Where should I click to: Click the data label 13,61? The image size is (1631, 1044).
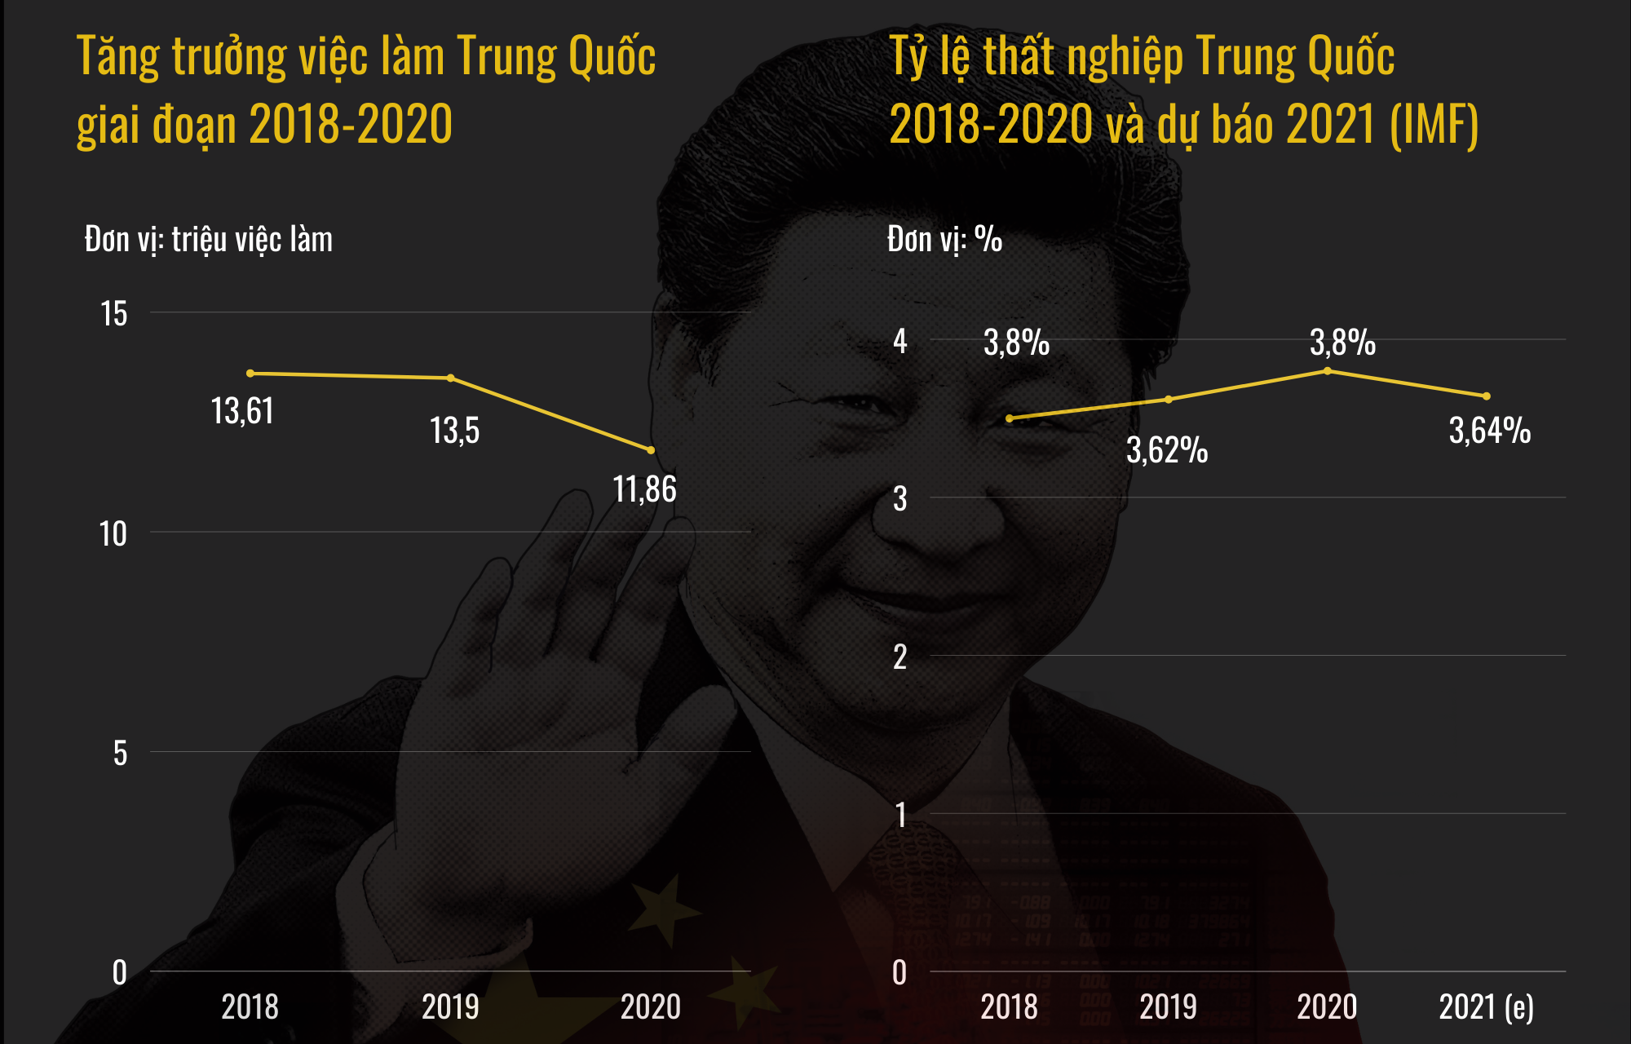pyautogui.click(x=242, y=411)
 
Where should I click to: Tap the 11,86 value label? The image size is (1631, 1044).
pyautogui.click(x=644, y=489)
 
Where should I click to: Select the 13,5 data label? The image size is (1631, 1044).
pyautogui.click(x=454, y=431)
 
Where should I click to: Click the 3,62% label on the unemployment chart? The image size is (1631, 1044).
pyautogui.click(x=1166, y=450)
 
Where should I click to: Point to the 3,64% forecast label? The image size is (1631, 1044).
pyautogui.click(x=1489, y=431)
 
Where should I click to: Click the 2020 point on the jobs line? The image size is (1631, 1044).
pyautogui.click(x=651, y=450)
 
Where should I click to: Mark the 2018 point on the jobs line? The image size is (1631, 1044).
pyautogui.click(x=250, y=374)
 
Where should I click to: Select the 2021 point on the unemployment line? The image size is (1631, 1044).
pyautogui.click(x=1487, y=396)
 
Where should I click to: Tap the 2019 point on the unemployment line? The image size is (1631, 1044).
pyautogui.click(x=1169, y=400)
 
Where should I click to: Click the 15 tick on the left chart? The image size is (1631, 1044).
pyautogui.click(x=114, y=314)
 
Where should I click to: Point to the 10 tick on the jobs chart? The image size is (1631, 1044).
pyautogui.click(x=113, y=534)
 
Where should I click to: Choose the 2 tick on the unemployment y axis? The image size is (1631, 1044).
pyautogui.click(x=899, y=657)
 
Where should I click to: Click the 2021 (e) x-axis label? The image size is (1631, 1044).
pyautogui.click(x=1486, y=1007)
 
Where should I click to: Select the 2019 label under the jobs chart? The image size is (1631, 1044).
pyautogui.click(x=450, y=1007)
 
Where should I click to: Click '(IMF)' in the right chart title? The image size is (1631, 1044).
pyautogui.click(x=1434, y=125)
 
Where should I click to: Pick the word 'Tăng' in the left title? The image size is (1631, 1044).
pyautogui.click(x=117, y=57)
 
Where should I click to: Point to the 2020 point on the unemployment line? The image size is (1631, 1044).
pyautogui.click(x=1328, y=371)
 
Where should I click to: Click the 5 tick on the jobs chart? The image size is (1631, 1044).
pyautogui.click(x=120, y=754)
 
